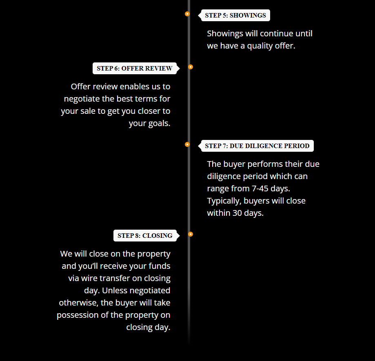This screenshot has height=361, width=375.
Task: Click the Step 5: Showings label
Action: pyautogui.click(x=235, y=16)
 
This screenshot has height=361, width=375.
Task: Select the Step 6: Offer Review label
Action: pyautogui.click(x=135, y=69)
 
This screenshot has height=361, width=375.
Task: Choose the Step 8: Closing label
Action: pyautogui.click(x=145, y=236)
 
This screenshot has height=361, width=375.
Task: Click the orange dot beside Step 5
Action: pyautogui.click(x=187, y=14)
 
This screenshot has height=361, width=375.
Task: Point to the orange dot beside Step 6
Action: pyautogui.click(x=191, y=67)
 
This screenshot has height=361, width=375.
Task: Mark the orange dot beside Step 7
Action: pyautogui.click(x=187, y=144)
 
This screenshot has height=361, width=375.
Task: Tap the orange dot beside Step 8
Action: pyautogui.click(x=191, y=234)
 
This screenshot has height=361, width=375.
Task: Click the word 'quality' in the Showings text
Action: pyautogui.click(x=260, y=46)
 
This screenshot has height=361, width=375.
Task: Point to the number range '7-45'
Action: pyautogui.click(x=260, y=188)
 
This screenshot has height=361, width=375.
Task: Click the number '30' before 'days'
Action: pyautogui.click(x=237, y=213)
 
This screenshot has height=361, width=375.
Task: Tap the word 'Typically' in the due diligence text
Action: pyautogui.click(x=224, y=201)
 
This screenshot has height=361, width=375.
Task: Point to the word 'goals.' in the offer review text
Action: pyautogui.click(x=159, y=124)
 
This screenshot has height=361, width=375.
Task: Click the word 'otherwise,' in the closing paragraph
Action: pyautogui.click(x=79, y=303)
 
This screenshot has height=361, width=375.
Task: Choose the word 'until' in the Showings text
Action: pyautogui.click(x=304, y=34)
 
